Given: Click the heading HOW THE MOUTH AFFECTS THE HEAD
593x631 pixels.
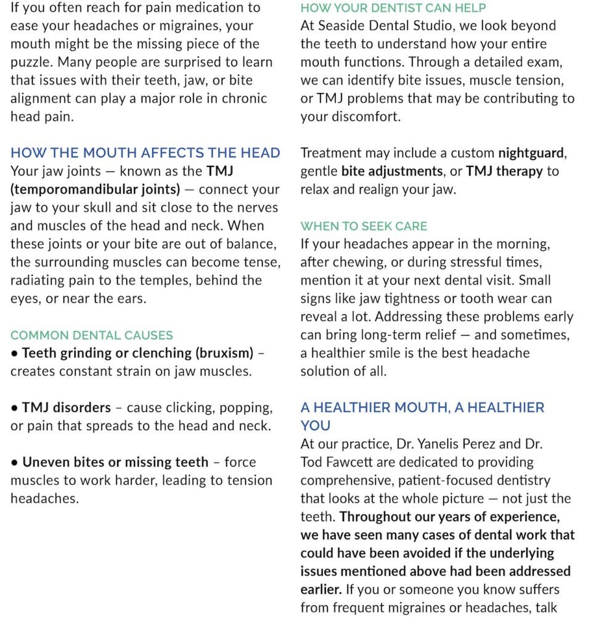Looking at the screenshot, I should click(x=145, y=153).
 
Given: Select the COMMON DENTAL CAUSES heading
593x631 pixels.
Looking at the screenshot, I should click(x=92, y=335).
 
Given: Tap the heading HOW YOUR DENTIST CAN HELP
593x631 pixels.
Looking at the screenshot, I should click(x=393, y=8).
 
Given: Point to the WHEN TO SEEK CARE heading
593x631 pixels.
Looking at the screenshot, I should click(x=364, y=226).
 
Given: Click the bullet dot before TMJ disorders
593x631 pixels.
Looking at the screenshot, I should click(x=14, y=408).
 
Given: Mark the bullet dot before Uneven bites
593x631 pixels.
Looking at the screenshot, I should click(x=14, y=463).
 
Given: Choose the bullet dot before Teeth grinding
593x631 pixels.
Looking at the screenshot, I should click(x=14, y=354).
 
